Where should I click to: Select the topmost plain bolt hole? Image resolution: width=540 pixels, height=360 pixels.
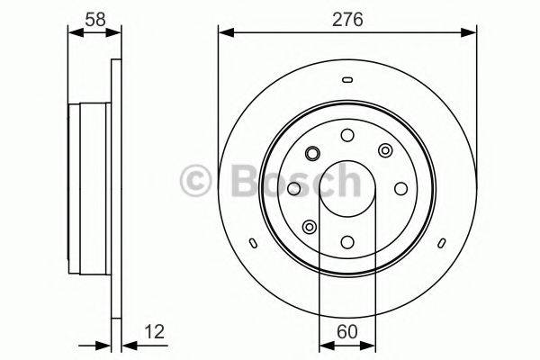[347, 135]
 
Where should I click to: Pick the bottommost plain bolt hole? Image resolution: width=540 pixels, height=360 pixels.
[347, 241]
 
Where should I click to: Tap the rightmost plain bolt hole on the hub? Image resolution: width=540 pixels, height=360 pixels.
[400, 188]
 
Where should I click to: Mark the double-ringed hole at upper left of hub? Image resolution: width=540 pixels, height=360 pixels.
[310, 151]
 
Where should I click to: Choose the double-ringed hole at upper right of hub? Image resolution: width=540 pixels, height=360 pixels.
[385, 150]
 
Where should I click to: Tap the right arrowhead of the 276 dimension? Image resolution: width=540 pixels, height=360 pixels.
[472, 34]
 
